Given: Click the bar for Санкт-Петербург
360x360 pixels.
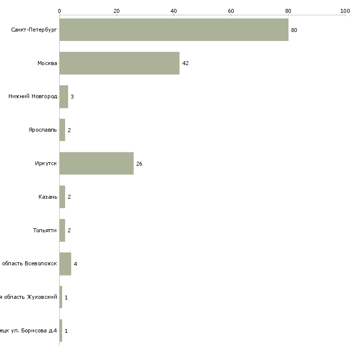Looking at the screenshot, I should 174,30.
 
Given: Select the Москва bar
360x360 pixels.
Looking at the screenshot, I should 119,63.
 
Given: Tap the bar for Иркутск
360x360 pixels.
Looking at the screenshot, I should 96,163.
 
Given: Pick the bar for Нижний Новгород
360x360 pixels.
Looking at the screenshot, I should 64,97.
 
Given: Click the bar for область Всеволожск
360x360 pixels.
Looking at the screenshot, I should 65,264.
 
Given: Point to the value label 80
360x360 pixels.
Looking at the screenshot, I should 294,30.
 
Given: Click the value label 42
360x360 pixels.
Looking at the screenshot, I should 185,64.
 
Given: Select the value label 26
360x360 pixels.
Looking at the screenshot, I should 139,164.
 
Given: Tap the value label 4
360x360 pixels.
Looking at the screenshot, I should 75,264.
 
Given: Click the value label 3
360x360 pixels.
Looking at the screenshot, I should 72,97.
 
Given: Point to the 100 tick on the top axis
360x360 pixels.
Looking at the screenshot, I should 345,10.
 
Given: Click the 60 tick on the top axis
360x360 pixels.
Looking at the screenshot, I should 231,10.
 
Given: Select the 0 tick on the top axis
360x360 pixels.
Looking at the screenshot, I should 59,10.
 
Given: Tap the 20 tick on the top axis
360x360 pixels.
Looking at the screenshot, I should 116,10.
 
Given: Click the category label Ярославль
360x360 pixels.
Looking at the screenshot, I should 43,130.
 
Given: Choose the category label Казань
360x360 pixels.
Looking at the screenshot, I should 48,197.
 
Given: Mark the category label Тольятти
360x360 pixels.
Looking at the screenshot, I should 45,230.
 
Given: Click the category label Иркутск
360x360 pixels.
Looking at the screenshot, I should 46,163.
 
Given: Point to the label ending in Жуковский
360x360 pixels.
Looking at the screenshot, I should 29,297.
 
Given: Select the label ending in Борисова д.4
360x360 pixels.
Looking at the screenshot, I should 29,330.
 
